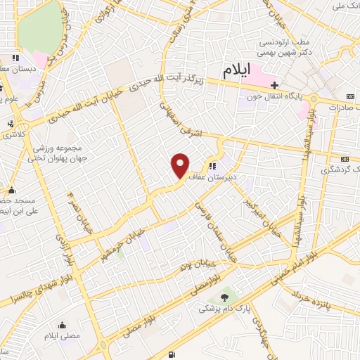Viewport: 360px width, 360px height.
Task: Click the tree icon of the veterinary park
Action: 224,298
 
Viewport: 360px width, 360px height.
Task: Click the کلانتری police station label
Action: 31,134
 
